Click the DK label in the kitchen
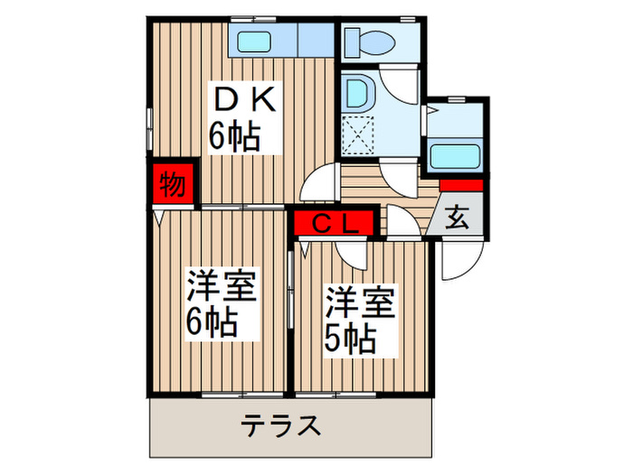tap(235, 98)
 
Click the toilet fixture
tap(371, 41)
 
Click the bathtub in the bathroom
tap(455, 156)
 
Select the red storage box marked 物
tap(172, 185)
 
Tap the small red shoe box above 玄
tap(461, 186)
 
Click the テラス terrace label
tap(281, 424)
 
